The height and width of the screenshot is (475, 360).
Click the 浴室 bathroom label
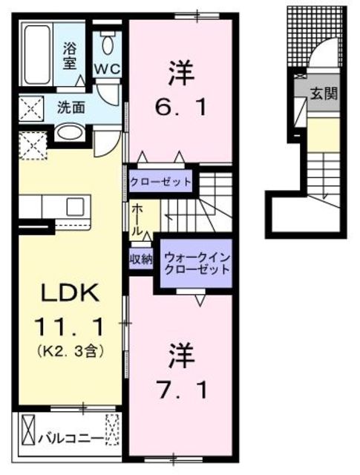69,56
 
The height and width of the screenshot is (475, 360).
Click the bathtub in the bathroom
37,54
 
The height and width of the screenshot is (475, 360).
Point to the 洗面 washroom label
71,107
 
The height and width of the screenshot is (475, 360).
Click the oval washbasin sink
70,132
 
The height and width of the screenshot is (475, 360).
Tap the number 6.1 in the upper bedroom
181,107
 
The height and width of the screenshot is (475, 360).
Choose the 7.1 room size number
182,390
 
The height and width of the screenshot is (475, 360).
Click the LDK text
71,292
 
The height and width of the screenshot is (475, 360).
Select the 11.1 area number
70,327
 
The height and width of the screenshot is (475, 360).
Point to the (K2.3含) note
71,351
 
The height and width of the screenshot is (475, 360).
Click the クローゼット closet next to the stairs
160,182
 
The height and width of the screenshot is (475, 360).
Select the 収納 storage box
141,259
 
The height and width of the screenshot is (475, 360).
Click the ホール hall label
137,220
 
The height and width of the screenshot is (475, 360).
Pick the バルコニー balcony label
70,439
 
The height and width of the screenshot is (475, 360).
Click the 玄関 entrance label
324,94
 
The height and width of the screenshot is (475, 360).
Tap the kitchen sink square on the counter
76,206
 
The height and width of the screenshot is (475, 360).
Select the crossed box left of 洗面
31,107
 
